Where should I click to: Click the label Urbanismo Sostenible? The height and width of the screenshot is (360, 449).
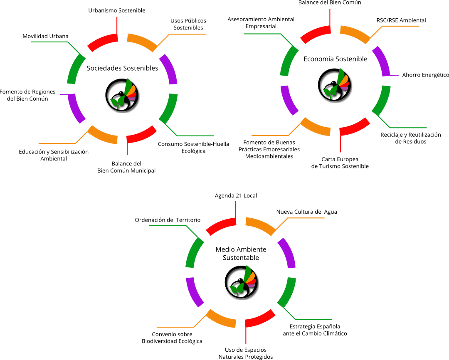[x=117, y=10]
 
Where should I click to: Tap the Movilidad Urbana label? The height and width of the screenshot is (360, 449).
[x=45, y=36]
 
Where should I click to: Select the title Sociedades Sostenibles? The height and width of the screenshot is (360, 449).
[x=122, y=68]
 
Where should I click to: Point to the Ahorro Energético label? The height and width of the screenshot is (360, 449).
[x=425, y=75]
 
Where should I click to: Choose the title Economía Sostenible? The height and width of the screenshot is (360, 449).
[x=335, y=59]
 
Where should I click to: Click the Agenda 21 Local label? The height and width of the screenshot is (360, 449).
[x=236, y=195]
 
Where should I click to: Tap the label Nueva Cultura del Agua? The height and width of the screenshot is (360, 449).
[x=306, y=212]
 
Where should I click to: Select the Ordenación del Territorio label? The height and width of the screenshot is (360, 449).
[x=168, y=219]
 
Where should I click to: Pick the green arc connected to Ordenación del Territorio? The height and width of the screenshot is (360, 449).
[x=193, y=253]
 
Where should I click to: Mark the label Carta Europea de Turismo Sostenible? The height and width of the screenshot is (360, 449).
[x=340, y=163]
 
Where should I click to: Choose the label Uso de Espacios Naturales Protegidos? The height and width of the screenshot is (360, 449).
[x=245, y=353]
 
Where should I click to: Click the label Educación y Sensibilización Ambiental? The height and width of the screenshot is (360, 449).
[x=54, y=155]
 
